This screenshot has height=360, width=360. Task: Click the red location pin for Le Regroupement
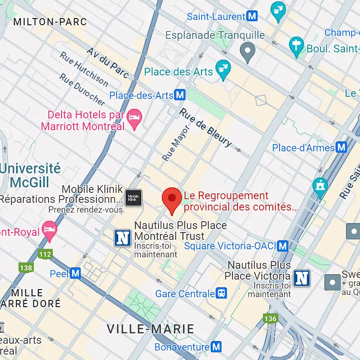point(172,199)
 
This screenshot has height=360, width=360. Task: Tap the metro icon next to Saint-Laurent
point(252,17)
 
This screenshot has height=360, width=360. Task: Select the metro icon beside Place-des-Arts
point(180,95)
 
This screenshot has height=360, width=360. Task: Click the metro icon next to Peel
point(75,273)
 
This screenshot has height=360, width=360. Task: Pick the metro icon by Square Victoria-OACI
point(283,246)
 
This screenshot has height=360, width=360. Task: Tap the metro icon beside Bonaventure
point(217,347)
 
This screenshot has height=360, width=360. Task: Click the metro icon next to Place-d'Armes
point(341,148)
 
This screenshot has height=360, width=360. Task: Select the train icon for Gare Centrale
point(222,294)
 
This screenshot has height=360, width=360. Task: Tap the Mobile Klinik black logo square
point(133,198)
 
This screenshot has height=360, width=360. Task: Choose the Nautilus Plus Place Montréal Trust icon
point(122,238)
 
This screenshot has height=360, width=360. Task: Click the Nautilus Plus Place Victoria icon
point(302,278)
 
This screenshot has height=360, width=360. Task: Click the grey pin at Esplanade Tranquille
point(247,51)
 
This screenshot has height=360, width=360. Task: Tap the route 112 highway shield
point(45,254)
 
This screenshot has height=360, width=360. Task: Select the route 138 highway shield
point(26,268)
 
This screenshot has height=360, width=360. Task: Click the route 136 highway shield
point(270,319)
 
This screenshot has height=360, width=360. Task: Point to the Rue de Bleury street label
point(206,128)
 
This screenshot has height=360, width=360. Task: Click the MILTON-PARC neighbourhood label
point(50,22)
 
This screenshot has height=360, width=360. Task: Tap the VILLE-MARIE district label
point(150,329)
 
